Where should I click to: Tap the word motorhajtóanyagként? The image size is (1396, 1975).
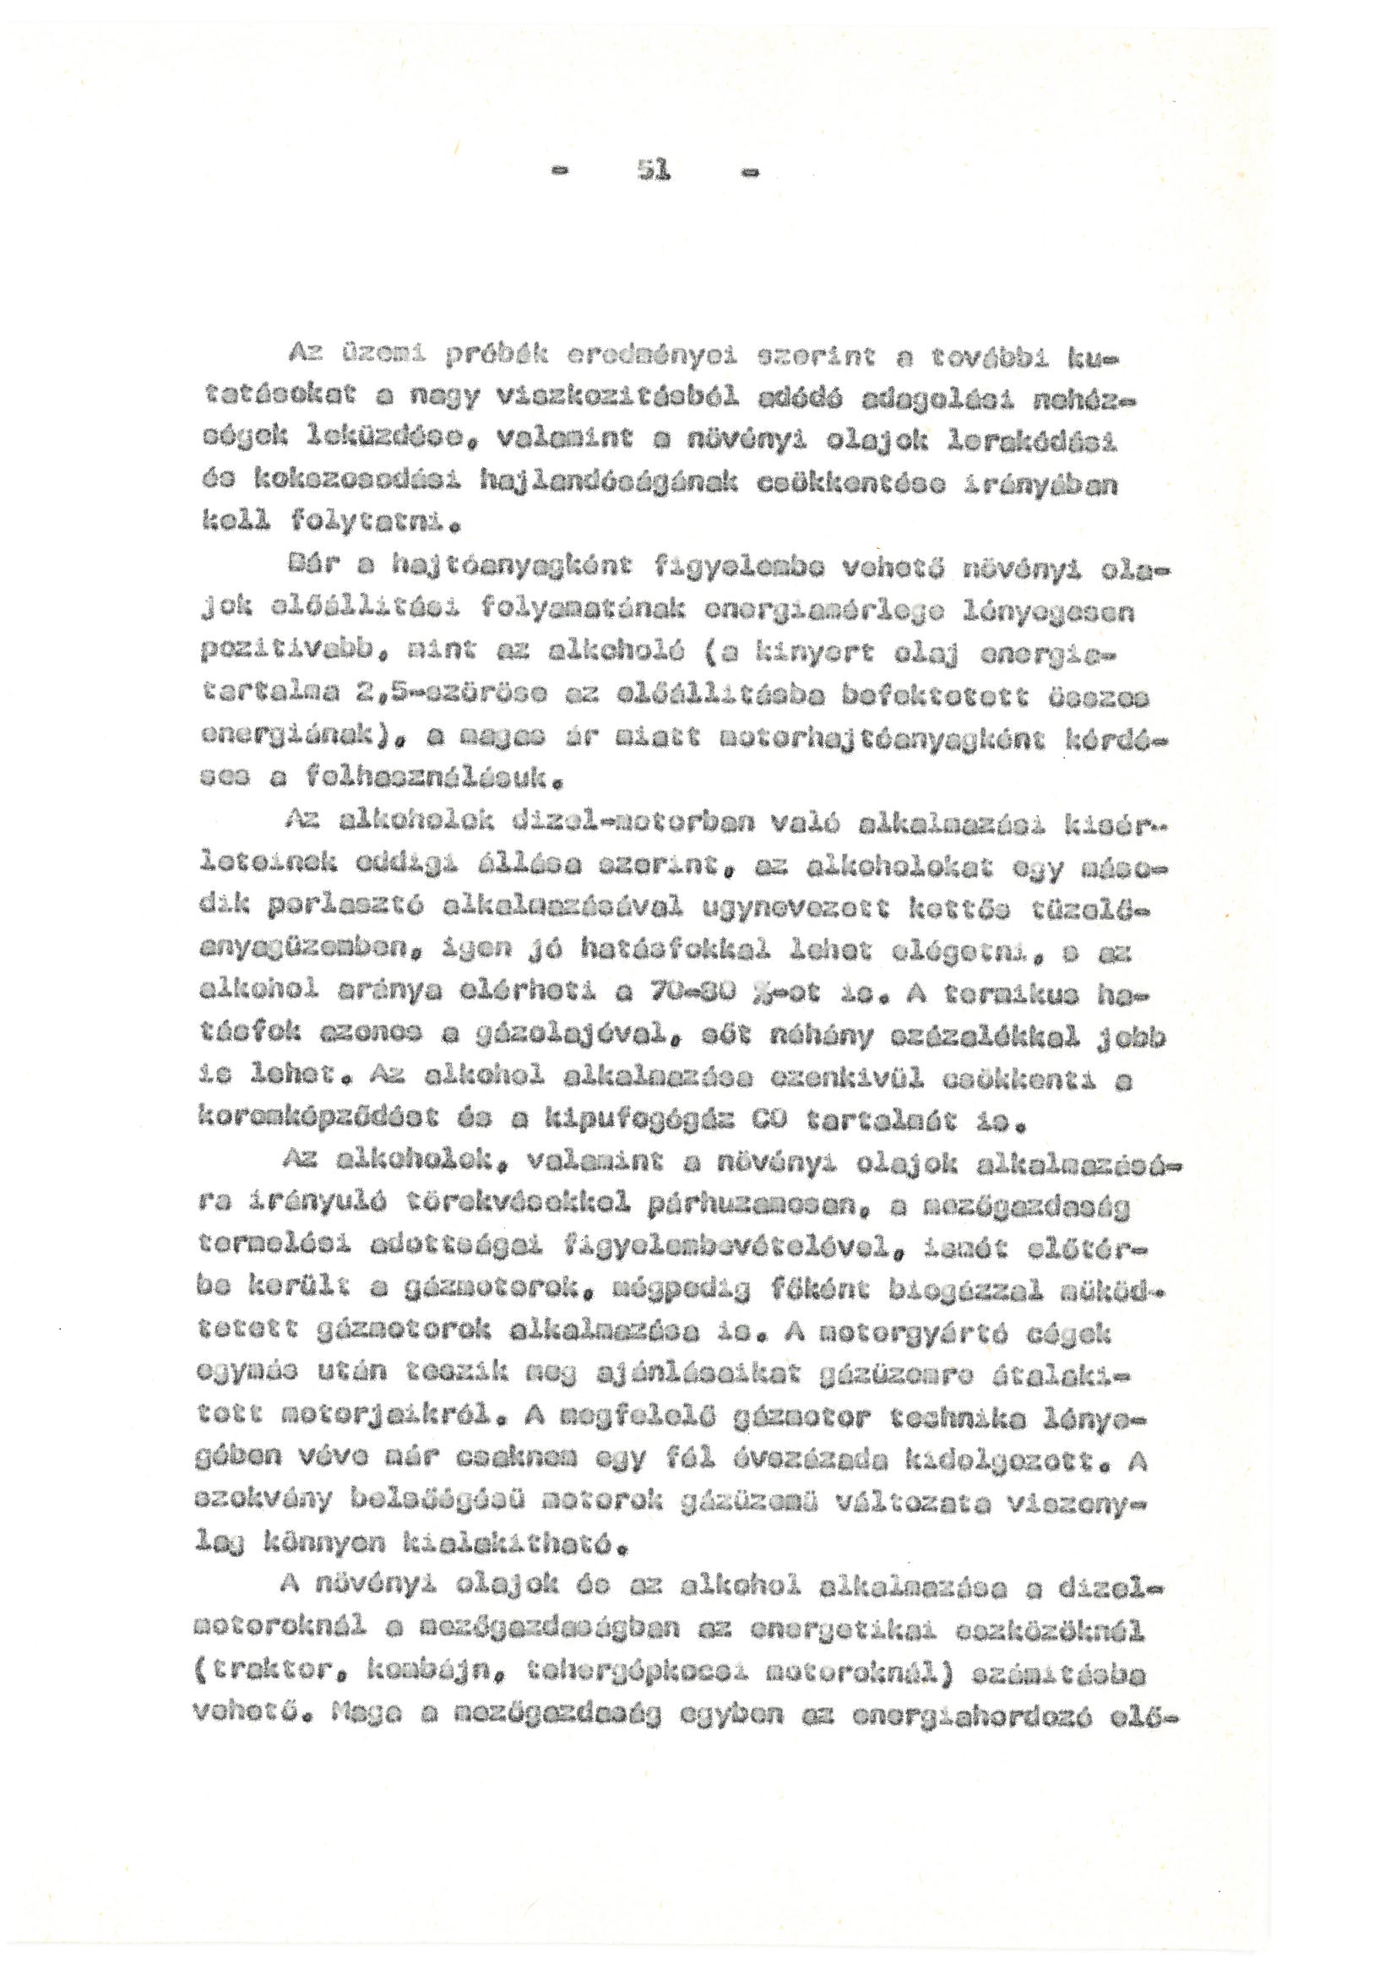864,737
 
